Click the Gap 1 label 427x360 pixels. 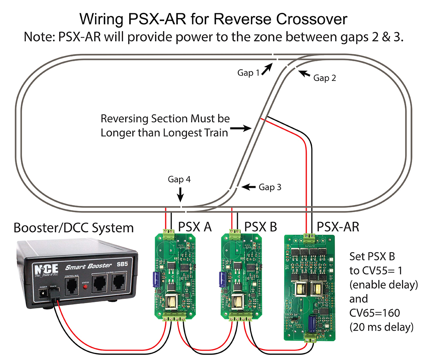(x=248, y=73)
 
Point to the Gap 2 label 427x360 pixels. (x=324, y=78)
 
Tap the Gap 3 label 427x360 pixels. (x=270, y=187)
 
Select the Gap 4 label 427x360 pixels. (x=179, y=180)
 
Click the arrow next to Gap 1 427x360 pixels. (x=266, y=69)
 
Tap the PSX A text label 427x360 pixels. (x=195, y=227)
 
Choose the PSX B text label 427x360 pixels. (x=261, y=227)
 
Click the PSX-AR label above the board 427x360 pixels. (x=337, y=227)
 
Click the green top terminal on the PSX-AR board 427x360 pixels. (x=309, y=236)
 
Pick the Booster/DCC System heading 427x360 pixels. (x=74, y=227)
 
